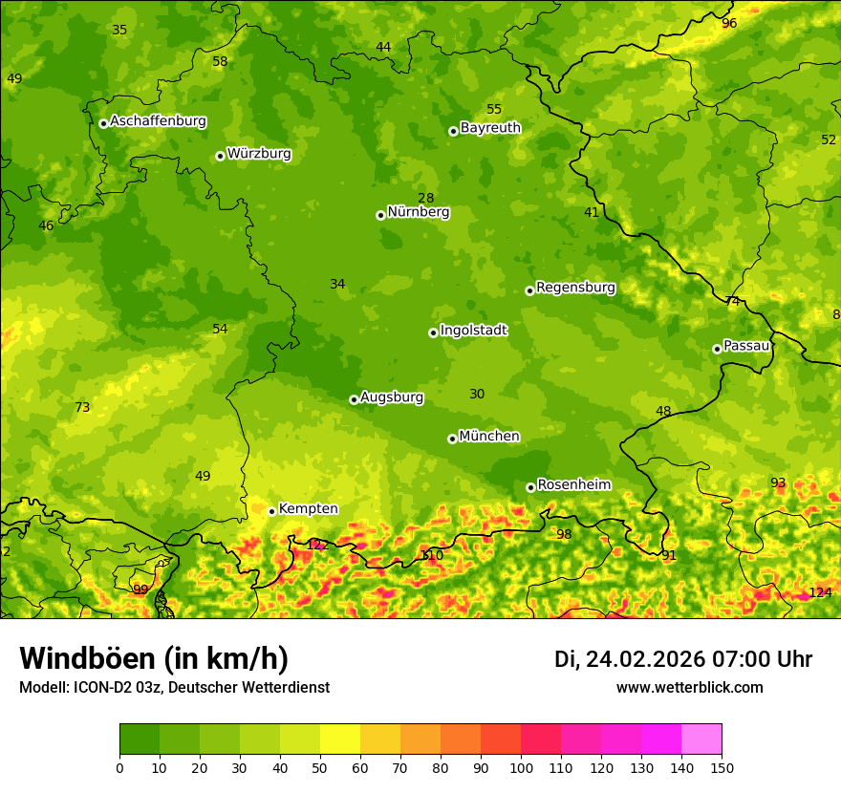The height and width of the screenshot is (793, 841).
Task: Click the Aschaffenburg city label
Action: click(158, 121)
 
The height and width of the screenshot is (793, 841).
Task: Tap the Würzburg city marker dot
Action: click(220, 156)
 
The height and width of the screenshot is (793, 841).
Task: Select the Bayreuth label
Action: click(490, 127)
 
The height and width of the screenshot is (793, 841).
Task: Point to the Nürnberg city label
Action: click(418, 212)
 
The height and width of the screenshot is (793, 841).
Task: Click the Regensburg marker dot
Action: click(529, 290)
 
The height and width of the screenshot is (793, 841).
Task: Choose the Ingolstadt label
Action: click(473, 331)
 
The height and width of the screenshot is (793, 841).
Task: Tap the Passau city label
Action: click(746, 346)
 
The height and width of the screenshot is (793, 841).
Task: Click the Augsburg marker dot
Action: click(354, 399)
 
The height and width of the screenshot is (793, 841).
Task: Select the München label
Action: click(489, 437)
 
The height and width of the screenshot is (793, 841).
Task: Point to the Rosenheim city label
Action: click(573, 485)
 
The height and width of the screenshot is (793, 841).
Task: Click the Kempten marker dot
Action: click(271, 511)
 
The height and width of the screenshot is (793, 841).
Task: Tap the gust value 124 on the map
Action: click(820, 592)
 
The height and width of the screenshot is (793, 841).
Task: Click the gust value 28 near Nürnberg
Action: click(426, 199)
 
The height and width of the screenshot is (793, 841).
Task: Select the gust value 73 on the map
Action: click(82, 408)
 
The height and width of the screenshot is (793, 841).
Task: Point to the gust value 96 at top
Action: click(729, 23)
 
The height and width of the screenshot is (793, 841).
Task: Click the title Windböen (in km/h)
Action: click(154, 658)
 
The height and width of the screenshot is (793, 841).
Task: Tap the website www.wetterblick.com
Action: click(689, 688)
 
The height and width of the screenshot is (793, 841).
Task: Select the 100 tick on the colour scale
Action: click(521, 767)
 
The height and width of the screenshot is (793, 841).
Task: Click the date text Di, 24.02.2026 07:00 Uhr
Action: click(683, 659)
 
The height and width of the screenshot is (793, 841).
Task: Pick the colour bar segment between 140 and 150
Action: click(701, 739)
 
